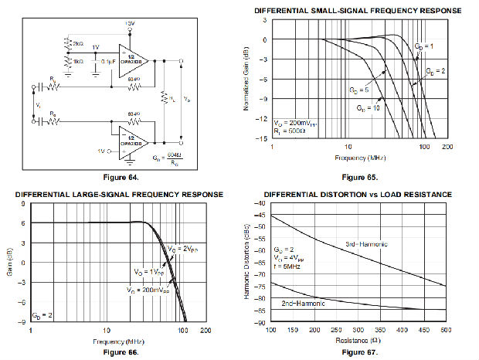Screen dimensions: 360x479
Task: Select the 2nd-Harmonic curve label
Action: point(304,303)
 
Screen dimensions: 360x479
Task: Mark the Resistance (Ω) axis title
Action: point(358,340)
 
